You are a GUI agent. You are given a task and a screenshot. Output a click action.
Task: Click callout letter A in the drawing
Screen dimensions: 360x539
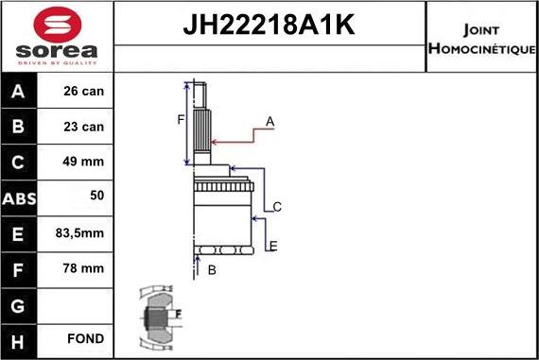coord(269,121)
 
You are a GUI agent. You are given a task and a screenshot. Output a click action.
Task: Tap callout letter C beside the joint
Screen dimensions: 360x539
coord(277,206)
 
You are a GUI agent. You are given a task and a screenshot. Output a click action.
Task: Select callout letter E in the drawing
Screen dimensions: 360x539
coord(273,247)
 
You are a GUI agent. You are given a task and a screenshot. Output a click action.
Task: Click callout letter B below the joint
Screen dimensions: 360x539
coord(212,271)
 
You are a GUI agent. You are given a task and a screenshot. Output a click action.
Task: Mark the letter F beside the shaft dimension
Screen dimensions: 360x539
coord(181,119)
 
